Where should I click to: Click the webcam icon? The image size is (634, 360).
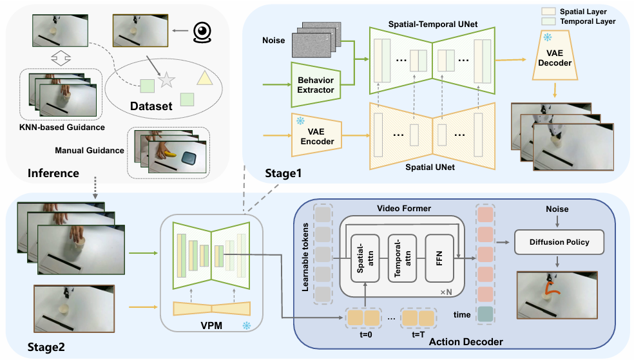(x=202, y=32)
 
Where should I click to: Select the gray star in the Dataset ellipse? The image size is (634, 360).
(x=166, y=80)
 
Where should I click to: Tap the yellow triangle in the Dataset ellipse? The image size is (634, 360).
(x=205, y=78)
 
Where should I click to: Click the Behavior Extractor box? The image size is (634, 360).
(x=316, y=85)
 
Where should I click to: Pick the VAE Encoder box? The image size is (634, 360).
(x=316, y=136)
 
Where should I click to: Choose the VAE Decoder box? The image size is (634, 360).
(x=555, y=56)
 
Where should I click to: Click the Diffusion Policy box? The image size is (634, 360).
(x=559, y=242)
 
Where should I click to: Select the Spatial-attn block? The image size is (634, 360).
(x=365, y=258)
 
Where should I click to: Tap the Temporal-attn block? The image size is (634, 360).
(x=402, y=258)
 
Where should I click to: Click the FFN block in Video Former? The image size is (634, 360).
(x=439, y=258)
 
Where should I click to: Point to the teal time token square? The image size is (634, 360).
(x=485, y=314)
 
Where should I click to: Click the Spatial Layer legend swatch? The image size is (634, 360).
(x=548, y=12)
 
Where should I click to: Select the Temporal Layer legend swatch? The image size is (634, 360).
(x=548, y=21)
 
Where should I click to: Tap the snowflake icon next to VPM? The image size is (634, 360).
(x=246, y=325)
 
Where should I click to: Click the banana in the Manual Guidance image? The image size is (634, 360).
(x=169, y=153)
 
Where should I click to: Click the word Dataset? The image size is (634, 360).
(x=151, y=106)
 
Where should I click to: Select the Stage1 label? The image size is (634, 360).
(x=283, y=173)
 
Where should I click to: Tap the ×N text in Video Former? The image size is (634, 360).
(x=446, y=292)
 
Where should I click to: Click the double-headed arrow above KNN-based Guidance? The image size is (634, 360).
(x=61, y=58)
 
